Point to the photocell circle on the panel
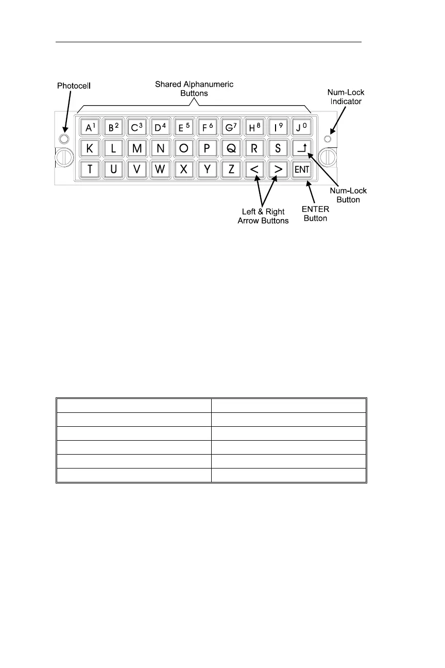[64, 139]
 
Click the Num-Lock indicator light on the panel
[327, 139]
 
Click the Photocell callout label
[73, 86]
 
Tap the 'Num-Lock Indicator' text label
[346, 97]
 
